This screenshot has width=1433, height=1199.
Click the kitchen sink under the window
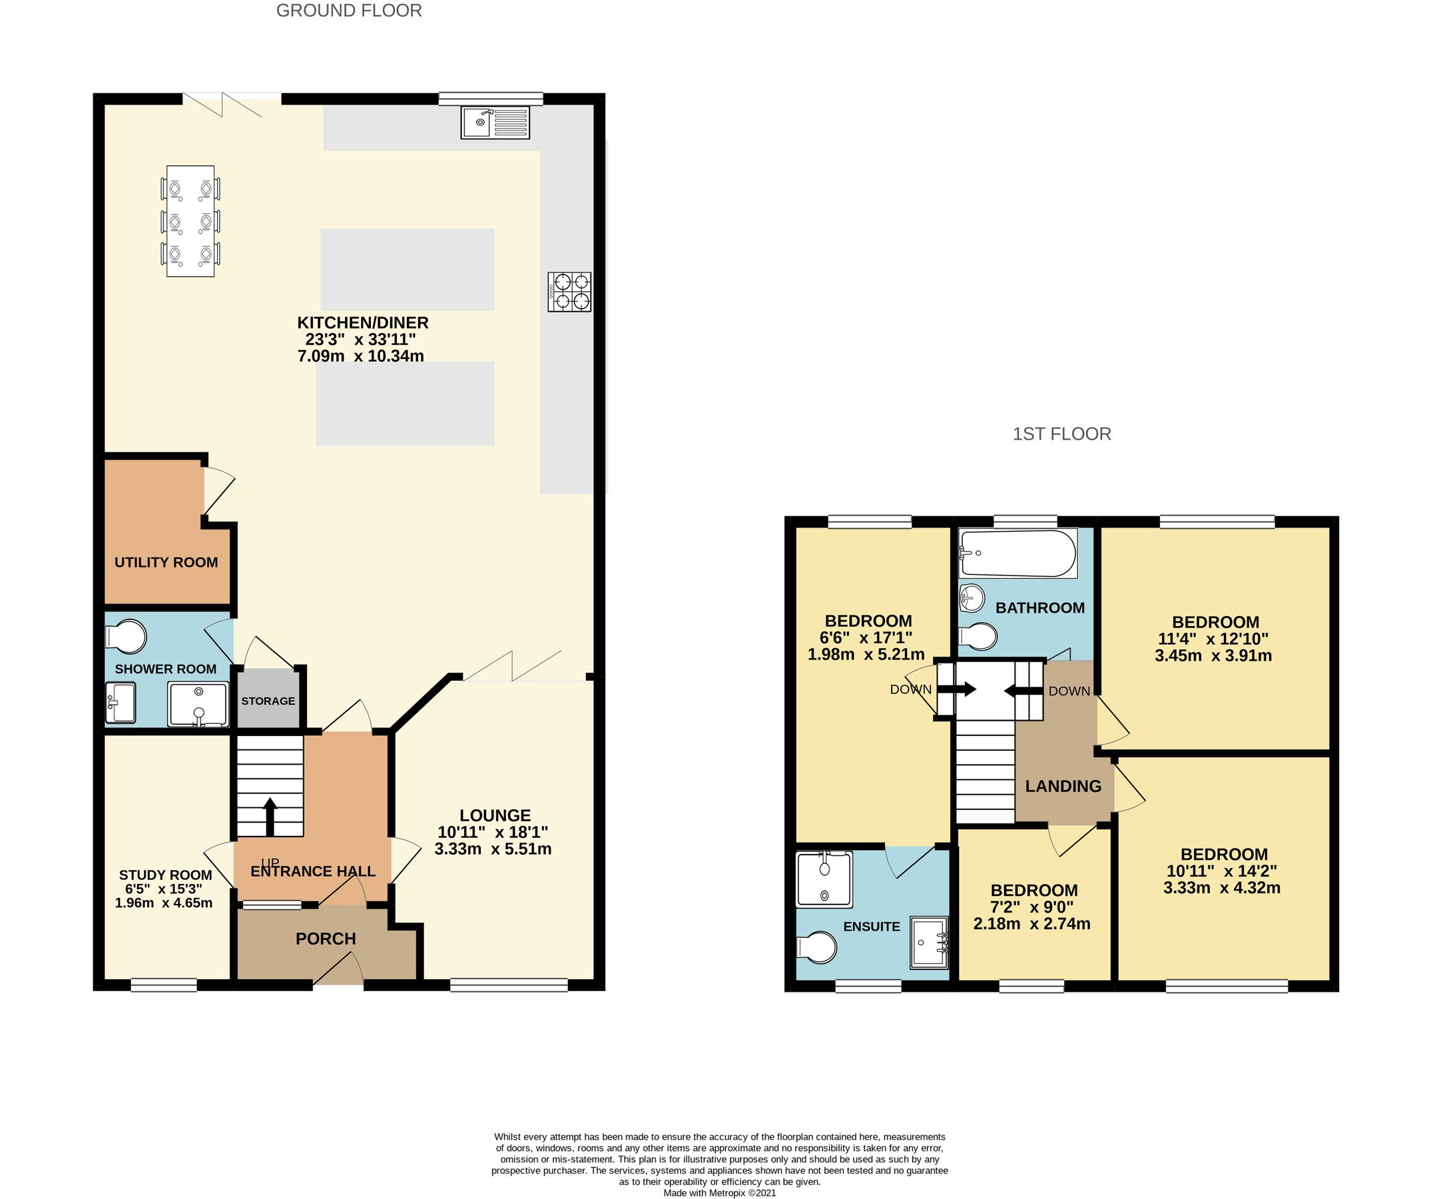(495, 123)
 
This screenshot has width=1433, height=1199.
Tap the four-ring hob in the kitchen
(569, 292)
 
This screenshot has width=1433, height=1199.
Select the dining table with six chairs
(190, 221)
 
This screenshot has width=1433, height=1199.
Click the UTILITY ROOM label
(166, 562)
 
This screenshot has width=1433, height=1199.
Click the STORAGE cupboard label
(268, 701)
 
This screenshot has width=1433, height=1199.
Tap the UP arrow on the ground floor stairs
(270, 816)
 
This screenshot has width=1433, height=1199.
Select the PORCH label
(326, 939)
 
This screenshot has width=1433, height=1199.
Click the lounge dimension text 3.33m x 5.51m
(493, 849)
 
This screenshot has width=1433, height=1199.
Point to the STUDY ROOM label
(165, 875)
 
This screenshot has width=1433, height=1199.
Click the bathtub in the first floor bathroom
(1017, 553)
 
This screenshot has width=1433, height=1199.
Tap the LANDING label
(1063, 786)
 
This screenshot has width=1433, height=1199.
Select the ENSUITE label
(872, 926)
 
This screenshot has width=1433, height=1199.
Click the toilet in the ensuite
(818, 948)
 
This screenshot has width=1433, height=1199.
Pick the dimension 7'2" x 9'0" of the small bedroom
(1033, 907)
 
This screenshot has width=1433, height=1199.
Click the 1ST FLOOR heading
(1061, 434)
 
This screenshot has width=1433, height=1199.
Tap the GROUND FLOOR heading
(349, 11)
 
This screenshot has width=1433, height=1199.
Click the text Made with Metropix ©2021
(719, 1193)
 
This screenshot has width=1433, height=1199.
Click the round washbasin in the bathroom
(971, 598)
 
